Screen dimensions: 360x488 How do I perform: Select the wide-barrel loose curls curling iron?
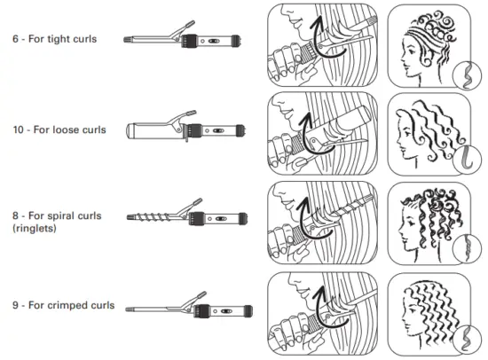pos(182,129)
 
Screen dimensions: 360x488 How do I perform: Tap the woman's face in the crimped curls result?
pos(410,319)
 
